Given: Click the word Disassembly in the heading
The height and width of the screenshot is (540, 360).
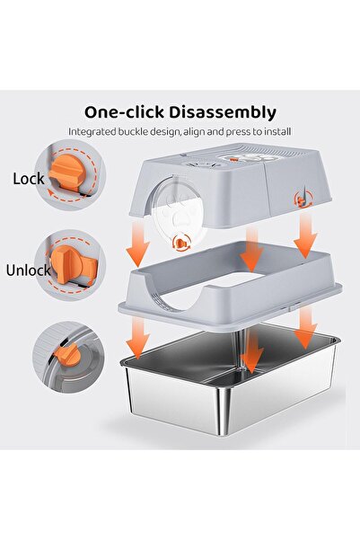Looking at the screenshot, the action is pyautogui.click(x=223, y=113).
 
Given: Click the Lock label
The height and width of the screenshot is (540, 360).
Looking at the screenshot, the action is pyautogui.click(x=29, y=179).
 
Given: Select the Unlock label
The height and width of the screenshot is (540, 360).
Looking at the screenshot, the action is pyautogui.click(x=28, y=270).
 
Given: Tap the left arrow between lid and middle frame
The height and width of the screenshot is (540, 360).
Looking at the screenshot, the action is pyautogui.click(x=137, y=245).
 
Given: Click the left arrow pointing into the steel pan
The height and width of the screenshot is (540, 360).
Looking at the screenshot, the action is pyautogui.click(x=137, y=338).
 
